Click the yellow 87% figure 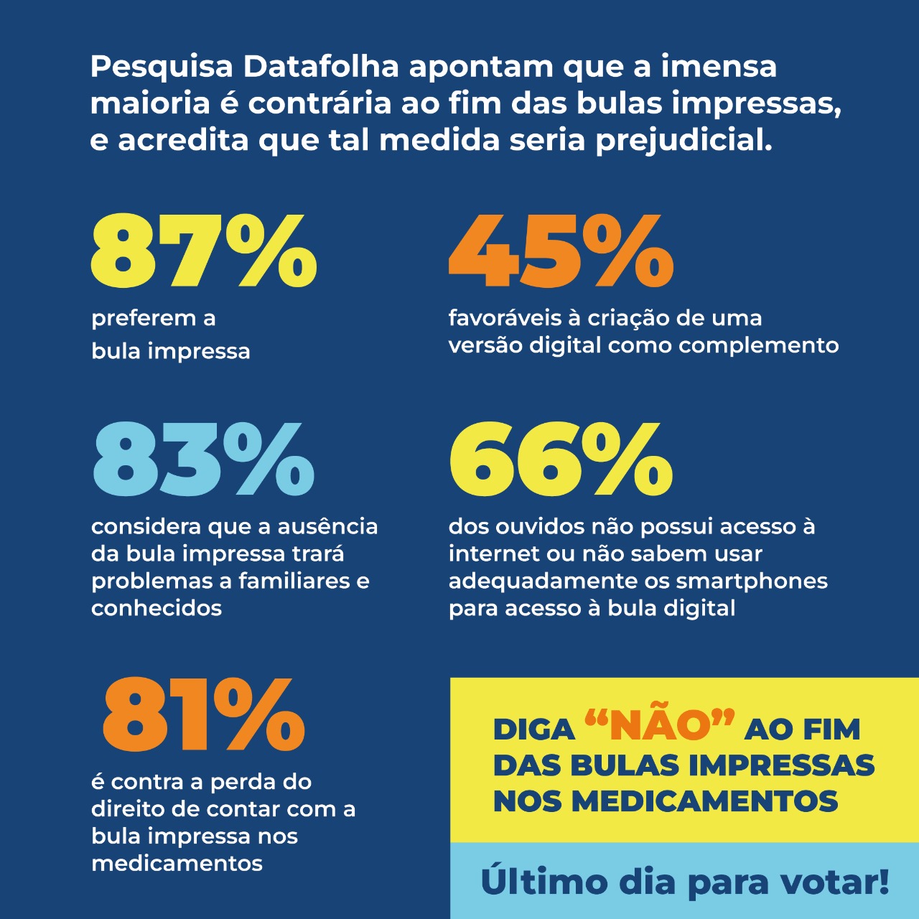pyautogui.click(x=203, y=249)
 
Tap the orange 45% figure pyautogui.click(x=561, y=249)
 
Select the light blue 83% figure pyautogui.click(x=203, y=459)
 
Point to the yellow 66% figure pyautogui.click(x=561, y=459)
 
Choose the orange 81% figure pyautogui.click(x=203, y=715)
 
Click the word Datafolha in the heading pyautogui.click(x=321, y=67)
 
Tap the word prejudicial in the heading pyautogui.click(x=684, y=140)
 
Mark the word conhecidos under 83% pyautogui.click(x=157, y=608)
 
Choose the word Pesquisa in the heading pyautogui.click(x=162, y=67)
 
